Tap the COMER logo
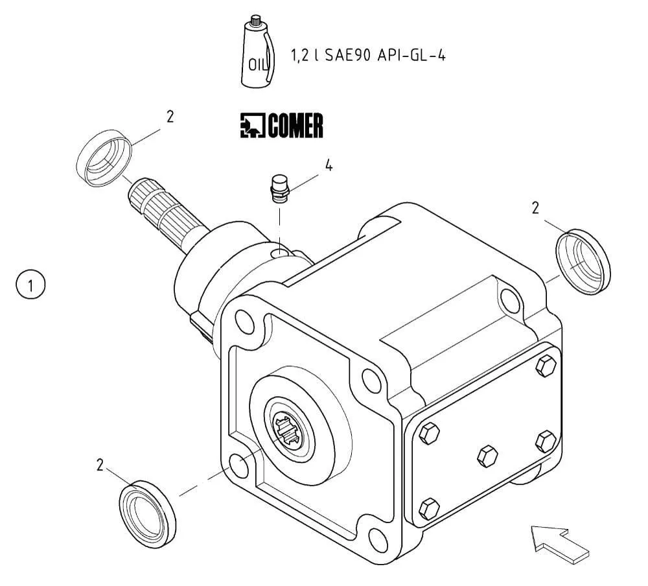tap(281, 126)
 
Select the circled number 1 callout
tap(30, 285)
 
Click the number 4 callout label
tap(329, 166)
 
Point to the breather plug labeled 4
tap(279, 189)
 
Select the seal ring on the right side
tap(583, 261)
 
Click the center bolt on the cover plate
tap(487, 455)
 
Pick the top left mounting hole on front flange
tap(245, 320)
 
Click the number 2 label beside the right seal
tap(535, 207)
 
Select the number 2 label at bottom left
tap(100, 465)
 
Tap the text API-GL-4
tap(411, 55)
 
